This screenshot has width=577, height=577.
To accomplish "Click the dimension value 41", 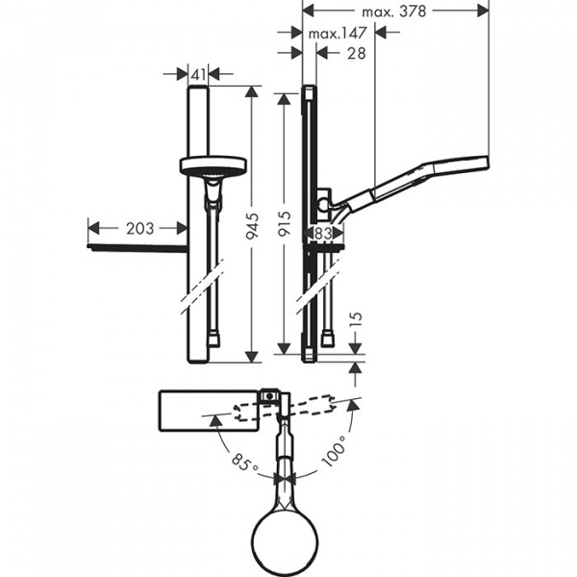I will tap(195, 72).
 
